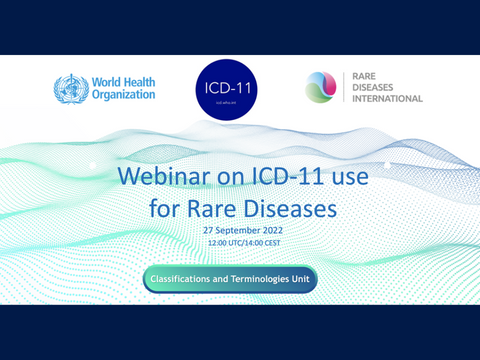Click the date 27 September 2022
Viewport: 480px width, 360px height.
pos(240,230)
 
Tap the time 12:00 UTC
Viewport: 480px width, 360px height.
pos(224,243)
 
